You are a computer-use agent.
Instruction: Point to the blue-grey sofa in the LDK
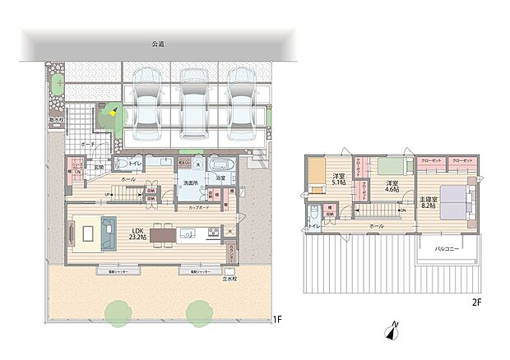(x=109, y=233)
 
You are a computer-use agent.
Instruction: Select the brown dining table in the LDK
(x=163, y=235)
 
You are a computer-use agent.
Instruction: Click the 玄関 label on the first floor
(x=97, y=168)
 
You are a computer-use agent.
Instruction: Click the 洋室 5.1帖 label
(x=338, y=182)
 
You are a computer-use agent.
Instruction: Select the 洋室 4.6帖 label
(x=393, y=185)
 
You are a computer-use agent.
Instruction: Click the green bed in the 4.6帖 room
(x=383, y=164)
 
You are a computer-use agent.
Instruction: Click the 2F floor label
(x=475, y=302)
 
